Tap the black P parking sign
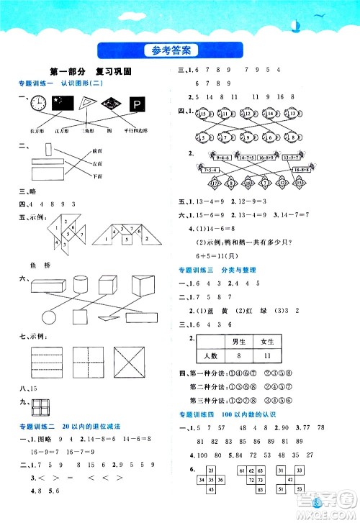click(136, 105)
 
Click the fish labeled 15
click(204, 114)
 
